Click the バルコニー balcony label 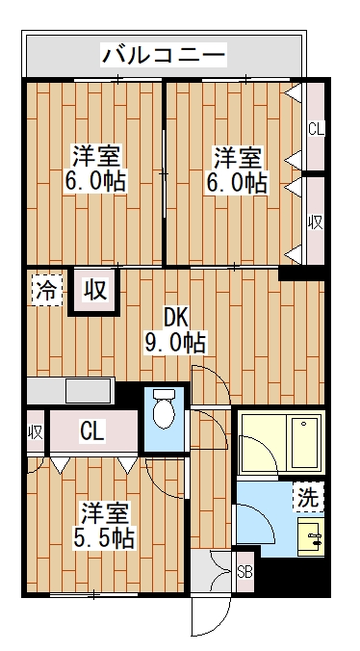(165, 55)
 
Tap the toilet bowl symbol (165, 408)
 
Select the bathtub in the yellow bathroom (306, 443)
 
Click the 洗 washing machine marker (309, 498)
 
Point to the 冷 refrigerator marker (47, 290)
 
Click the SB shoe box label (244, 573)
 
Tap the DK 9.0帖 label (175, 331)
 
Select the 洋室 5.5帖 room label (104, 526)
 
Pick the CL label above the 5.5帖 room (92, 431)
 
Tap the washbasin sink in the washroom (312, 536)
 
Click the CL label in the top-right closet (316, 129)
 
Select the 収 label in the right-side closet (316, 223)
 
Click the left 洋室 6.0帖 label (95, 168)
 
